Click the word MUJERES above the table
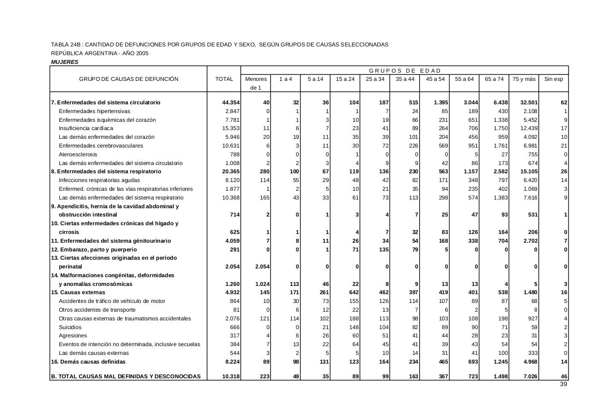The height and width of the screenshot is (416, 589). click(x=64, y=62)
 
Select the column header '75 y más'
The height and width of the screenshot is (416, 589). click(x=524, y=79)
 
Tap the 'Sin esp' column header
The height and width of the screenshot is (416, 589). click(x=554, y=79)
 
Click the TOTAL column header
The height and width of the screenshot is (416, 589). click(x=224, y=79)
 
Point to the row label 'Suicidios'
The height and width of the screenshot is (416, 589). click(x=70, y=327)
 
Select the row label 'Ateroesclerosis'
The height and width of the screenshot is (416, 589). click(x=78, y=154)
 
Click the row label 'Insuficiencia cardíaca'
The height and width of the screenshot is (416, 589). click(x=86, y=128)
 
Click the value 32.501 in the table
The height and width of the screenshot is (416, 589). click(x=527, y=103)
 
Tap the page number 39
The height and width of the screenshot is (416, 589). click(x=563, y=384)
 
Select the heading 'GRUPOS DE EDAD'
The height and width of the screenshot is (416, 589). click(x=404, y=71)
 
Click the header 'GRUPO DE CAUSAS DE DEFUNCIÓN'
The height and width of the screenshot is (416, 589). click(x=128, y=79)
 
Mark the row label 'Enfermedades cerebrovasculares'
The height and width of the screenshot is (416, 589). click(x=101, y=146)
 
